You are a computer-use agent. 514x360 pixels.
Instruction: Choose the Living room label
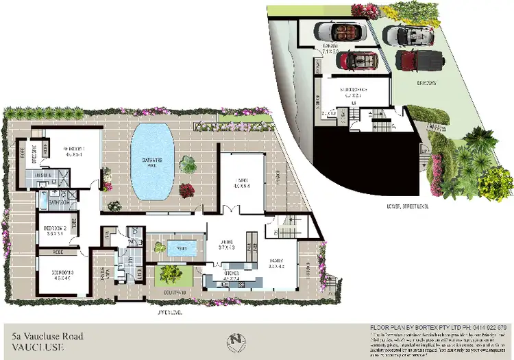(241, 182)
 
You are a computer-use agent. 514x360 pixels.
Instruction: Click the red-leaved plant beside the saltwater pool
(186, 190)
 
